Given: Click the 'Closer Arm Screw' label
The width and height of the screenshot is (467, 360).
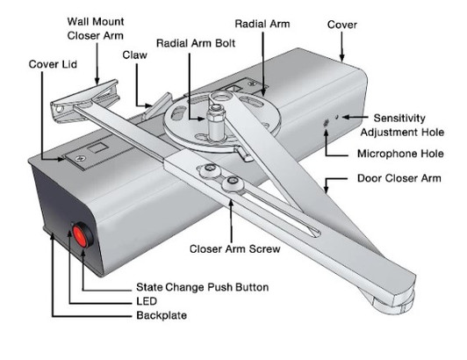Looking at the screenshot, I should click(235, 248).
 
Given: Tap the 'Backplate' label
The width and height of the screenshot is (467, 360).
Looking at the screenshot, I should click(162, 313).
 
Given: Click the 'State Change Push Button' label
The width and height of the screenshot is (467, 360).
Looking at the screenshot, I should click(201, 286).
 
